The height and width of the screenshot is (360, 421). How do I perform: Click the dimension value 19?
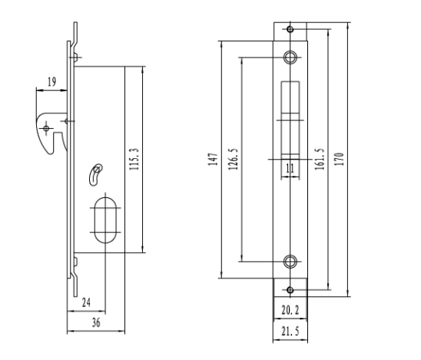(51, 81)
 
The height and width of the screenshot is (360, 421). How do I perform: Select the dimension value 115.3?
(134, 159)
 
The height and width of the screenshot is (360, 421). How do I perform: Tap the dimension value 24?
(86, 302)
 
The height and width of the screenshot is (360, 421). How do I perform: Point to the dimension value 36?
(96, 322)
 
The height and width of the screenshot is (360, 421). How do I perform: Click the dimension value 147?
(213, 160)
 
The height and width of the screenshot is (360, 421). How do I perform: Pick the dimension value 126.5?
(233, 159)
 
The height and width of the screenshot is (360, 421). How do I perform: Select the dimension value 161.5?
(320, 159)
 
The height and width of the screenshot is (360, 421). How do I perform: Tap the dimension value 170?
(340, 159)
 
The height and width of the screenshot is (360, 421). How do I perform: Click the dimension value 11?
(290, 168)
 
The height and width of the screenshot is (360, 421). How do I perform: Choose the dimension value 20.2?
(290, 310)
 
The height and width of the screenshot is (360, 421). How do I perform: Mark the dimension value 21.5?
(290, 332)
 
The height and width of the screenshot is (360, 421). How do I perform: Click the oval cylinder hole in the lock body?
(105, 198)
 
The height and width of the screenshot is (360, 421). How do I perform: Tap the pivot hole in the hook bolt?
(46, 128)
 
